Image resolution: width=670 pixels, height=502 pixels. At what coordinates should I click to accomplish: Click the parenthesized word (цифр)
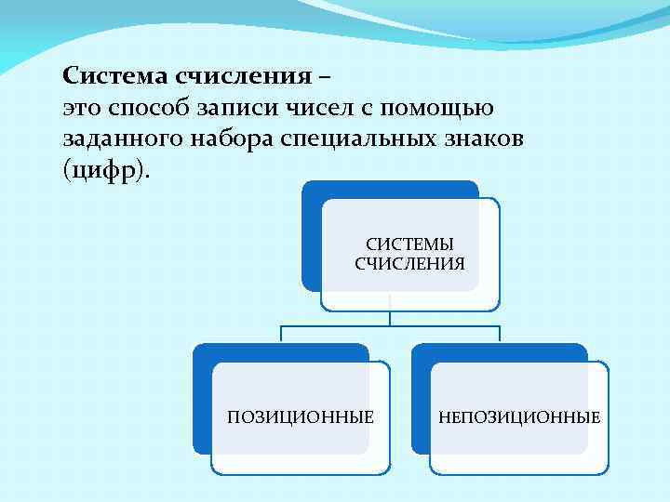[x=105, y=172]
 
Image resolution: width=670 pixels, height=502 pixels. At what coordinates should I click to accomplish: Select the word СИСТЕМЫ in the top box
[x=410, y=244]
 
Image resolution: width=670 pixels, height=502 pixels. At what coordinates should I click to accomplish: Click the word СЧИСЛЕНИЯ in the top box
[x=410, y=263]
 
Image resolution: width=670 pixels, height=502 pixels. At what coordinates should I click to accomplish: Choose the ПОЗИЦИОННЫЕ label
[x=301, y=416]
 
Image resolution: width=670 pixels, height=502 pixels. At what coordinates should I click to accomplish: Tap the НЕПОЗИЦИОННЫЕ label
[x=519, y=416]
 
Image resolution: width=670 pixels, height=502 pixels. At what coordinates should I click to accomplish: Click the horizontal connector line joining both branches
[x=391, y=326]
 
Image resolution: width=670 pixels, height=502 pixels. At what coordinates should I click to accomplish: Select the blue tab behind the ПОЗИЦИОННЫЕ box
[x=201, y=400]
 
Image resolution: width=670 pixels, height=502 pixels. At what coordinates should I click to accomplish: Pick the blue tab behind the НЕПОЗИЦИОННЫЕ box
[x=419, y=400]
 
